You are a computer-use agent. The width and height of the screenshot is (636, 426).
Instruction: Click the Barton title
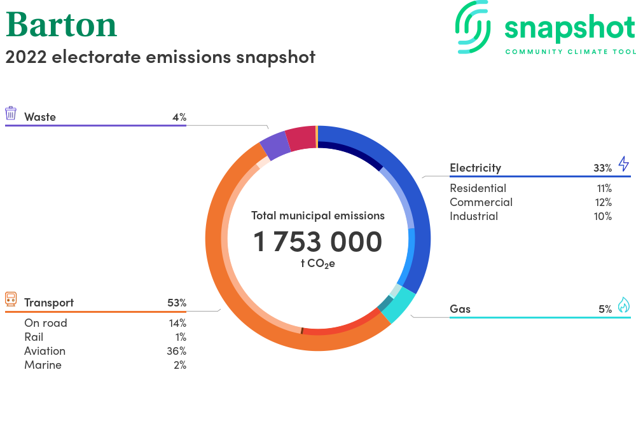point(61,25)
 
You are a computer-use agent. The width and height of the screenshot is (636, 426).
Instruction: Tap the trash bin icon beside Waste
point(11,113)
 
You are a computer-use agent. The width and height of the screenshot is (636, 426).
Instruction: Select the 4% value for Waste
point(179,117)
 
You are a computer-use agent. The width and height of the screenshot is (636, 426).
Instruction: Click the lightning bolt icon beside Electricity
point(624,164)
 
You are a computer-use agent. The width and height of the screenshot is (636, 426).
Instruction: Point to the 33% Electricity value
point(602,168)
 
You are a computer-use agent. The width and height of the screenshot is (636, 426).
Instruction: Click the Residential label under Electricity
point(478,188)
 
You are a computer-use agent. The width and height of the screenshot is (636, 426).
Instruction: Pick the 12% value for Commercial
point(603,202)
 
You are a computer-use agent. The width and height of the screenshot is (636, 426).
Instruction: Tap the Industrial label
point(474,216)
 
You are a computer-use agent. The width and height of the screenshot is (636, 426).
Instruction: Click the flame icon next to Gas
point(624,305)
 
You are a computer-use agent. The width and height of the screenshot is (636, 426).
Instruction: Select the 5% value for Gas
point(605,309)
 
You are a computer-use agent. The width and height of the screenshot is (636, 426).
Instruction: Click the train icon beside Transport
point(11,299)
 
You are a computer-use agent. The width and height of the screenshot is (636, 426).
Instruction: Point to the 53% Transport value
point(177,303)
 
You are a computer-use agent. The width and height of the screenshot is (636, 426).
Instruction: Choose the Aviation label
point(45,351)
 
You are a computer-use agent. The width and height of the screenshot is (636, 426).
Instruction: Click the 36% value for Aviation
point(176,351)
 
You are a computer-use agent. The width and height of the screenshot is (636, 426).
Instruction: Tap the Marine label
point(43,365)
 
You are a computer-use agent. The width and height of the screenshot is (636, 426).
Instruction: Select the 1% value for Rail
point(181,337)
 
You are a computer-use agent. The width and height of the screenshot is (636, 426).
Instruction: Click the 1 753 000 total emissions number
point(317,242)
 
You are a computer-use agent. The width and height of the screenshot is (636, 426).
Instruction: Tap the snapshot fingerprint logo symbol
point(473,27)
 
